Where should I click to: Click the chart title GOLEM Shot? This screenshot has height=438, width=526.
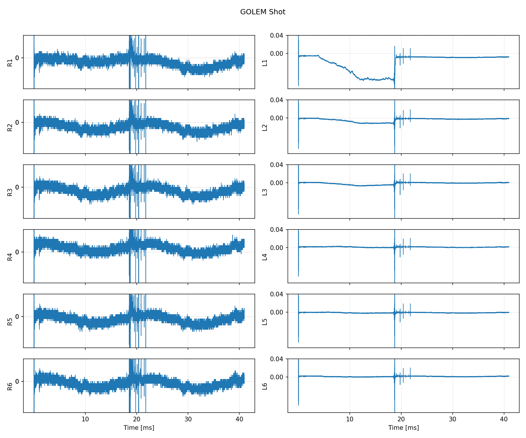[263, 12]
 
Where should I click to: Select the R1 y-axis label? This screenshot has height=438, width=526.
[10, 62]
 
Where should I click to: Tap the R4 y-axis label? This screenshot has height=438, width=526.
[10, 257]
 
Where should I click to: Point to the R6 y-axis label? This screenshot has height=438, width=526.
[10, 386]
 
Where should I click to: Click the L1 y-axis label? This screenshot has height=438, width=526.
[265, 62]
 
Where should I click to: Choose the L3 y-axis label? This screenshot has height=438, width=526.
[265, 192]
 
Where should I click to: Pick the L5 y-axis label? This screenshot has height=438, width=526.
[265, 321]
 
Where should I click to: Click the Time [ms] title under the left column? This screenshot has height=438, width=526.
[139, 428]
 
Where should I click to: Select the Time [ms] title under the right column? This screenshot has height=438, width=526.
[403, 428]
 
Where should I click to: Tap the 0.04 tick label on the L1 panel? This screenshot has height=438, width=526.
[276, 36]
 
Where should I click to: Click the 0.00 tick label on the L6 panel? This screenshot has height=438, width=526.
[276, 377]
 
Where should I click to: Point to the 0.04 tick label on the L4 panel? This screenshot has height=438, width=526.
[276, 230]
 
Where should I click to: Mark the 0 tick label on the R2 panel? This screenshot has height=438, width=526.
[17, 122]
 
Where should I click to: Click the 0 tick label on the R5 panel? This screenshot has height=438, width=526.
[17, 317]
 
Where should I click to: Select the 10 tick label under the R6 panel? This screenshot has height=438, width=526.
[85, 419]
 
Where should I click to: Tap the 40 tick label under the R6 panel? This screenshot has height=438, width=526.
[239, 419]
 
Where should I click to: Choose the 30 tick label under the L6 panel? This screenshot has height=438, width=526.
[452, 419]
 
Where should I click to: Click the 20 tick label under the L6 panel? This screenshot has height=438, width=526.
[401, 419]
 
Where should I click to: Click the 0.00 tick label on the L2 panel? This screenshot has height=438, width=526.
[276, 118]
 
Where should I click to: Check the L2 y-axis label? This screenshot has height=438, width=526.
[265, 127]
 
